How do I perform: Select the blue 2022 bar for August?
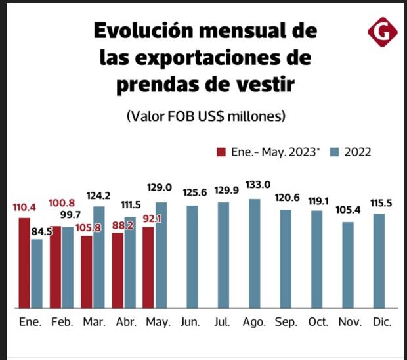tap(255, 253)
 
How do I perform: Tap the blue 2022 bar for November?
tap(349, 265)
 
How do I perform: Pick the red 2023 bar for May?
tap(149, 267)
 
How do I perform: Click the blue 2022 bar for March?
tap(99, 257)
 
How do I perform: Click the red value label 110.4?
tap(24, 207)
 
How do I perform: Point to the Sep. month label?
tap(286, 323)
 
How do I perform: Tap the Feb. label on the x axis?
tap(62, 323)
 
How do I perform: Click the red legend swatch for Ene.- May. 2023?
tap(222, 152)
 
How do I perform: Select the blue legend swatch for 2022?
tap(333, 152)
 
